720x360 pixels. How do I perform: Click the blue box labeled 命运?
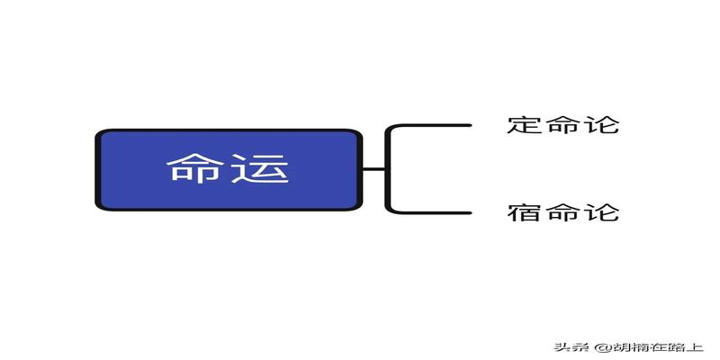(228, 169)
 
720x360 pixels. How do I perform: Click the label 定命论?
(562, 124)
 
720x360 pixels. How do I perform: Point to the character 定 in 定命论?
(525, 124)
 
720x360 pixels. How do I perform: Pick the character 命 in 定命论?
(562, 124)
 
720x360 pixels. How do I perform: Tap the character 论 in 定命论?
(601, 124)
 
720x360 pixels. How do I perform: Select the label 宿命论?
(562, 213)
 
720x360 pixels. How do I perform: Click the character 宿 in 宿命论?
(525, 213)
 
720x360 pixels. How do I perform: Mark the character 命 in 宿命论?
(562, 213)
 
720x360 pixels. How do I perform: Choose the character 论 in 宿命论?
(601, 213)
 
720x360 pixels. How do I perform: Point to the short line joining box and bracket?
(373, 169)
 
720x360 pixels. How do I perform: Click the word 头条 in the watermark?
(569, 346)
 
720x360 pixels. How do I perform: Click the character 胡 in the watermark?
(615, 346)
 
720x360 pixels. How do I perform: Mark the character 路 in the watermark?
(677, 346)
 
